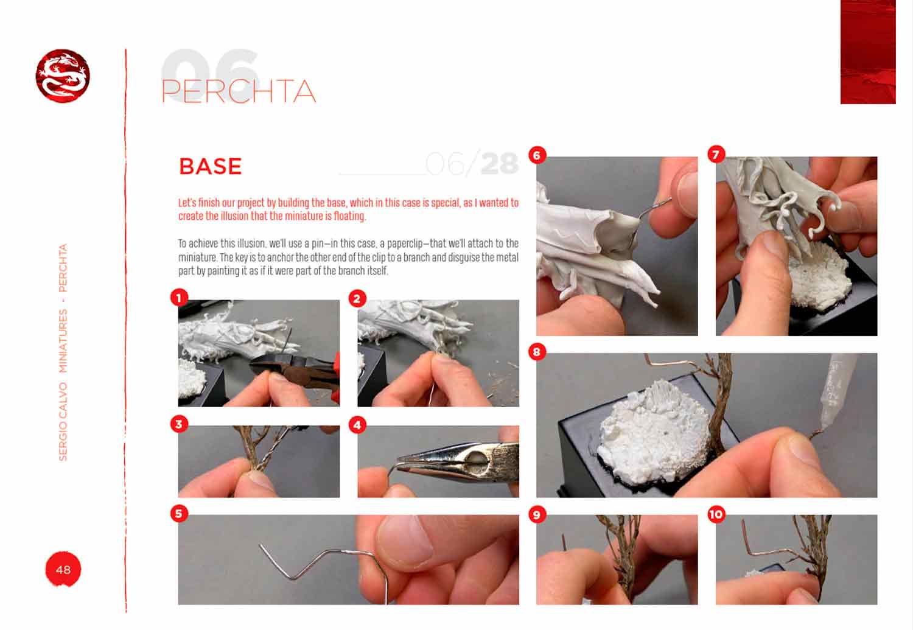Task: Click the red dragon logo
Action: [63, 76]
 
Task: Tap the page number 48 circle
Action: [63, 569]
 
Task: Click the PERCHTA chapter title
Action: [239, 91]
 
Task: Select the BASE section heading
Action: [211, 166]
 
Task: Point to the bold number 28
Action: [500, 163]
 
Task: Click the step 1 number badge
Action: [179, 298]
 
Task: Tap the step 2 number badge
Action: [357, 299]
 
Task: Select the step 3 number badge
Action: [179, 424]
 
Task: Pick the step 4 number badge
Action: [357, 425]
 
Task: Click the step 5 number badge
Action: [179, 514]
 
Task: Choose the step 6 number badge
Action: [537, 155]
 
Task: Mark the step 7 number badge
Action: [716, 154]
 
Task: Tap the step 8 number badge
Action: [537, 351]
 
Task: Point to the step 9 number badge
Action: [537, 514]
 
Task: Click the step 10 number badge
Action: [716, 514]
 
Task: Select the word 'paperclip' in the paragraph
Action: [405, 243]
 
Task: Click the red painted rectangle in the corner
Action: [868, 52]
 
